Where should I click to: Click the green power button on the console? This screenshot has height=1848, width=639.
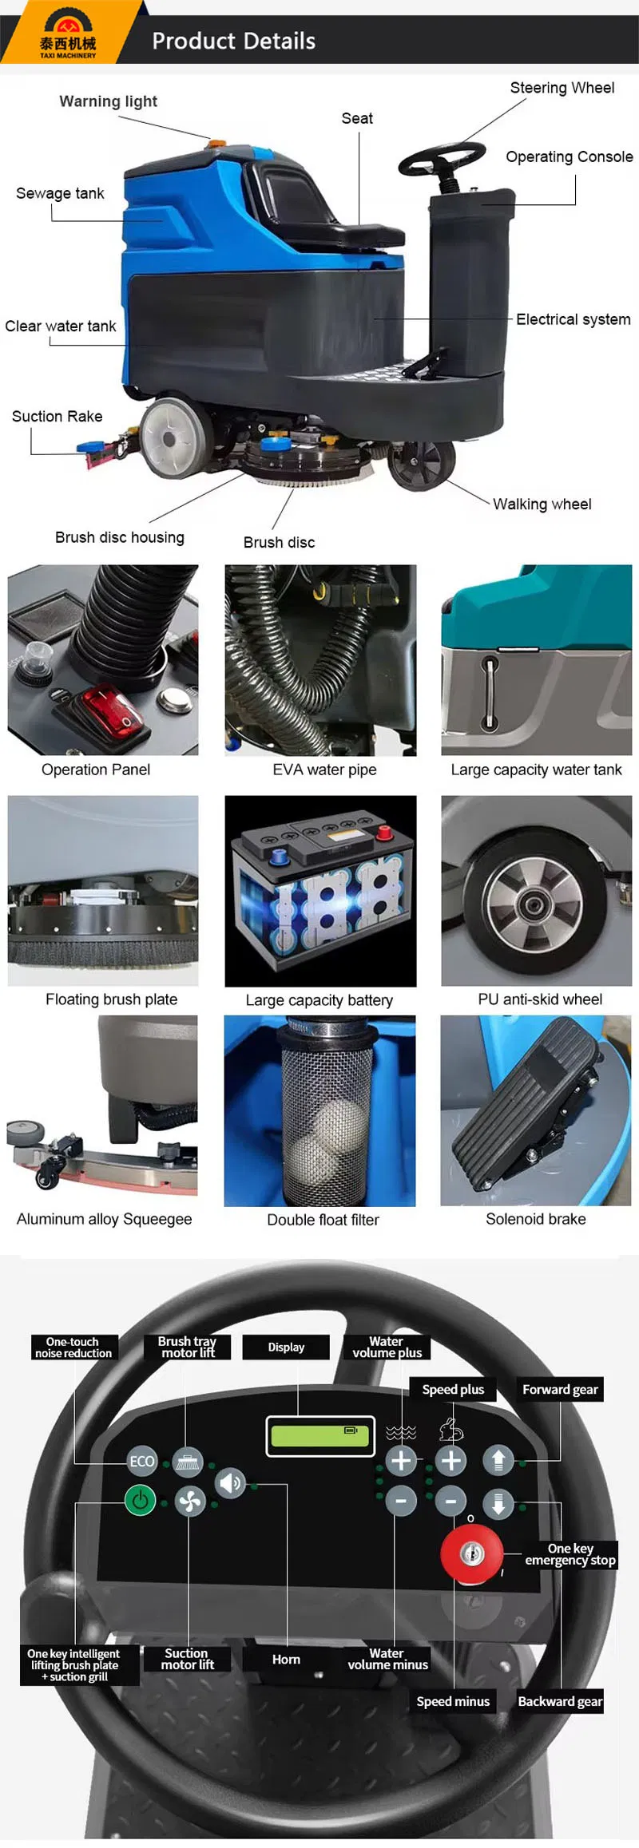pyautogui.click(x=141, y=1500)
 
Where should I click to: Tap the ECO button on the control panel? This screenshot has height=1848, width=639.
pyautogui.click(x=142, y=1461)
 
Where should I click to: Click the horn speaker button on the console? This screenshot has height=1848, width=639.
pyautogui.click(x=231, y=1482)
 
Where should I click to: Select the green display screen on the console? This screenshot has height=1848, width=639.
pyautogui.click(x=320, y=1436)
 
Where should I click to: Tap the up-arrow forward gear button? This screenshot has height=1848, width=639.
pyautogui.click(x=498, y=1460)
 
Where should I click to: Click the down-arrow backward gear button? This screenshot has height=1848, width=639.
pyautogui.click(x=498, y=1503)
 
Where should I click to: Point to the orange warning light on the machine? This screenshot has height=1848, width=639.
pyautogui.click(x=216, y=144)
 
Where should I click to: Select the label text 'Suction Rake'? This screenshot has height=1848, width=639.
pyautogui.click(x=58, y=416)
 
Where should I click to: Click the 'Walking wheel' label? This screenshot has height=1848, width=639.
pyautogui.click(x=542, y=504)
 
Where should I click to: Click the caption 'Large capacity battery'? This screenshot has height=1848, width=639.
pyautogui.click(x=319, y=999)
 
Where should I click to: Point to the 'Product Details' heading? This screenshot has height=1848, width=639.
pyautogui.click(x=234, y=41)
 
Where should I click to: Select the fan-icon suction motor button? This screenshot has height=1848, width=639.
pyautogui.click(x=190, y=1502)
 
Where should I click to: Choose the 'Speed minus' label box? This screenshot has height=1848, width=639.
pyautogui.click(x=453, y=1700)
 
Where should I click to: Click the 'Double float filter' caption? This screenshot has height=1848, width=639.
pyautogui.click(x=323, y=1219)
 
